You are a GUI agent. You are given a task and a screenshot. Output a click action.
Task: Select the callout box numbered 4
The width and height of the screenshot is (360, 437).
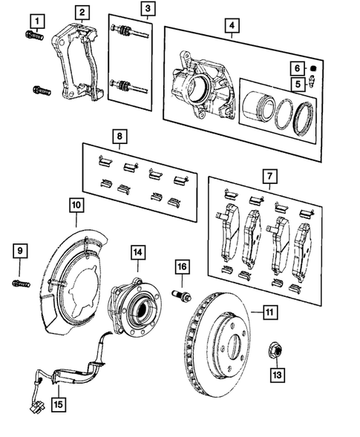pyautogui.click(x=232, y=26)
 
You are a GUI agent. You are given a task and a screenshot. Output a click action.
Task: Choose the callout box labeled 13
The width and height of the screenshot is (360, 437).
pyautogui.click(x=277, y=375)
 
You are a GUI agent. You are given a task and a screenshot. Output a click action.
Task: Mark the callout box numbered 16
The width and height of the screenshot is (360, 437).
pyautogui.click(x=182, y=266)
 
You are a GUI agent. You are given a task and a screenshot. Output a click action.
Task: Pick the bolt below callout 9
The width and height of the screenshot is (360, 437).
pyautogui.click(x=20, y=282)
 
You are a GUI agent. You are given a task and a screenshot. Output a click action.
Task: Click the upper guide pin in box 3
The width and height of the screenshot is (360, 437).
pyautogui.click(x=130, y=33)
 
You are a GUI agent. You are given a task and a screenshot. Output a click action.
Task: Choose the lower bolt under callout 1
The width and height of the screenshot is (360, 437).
pyautogui.click(x=40, y=92)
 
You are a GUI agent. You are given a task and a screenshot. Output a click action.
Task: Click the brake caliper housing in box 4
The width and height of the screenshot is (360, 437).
pyautogui.click(x=194, y=83)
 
